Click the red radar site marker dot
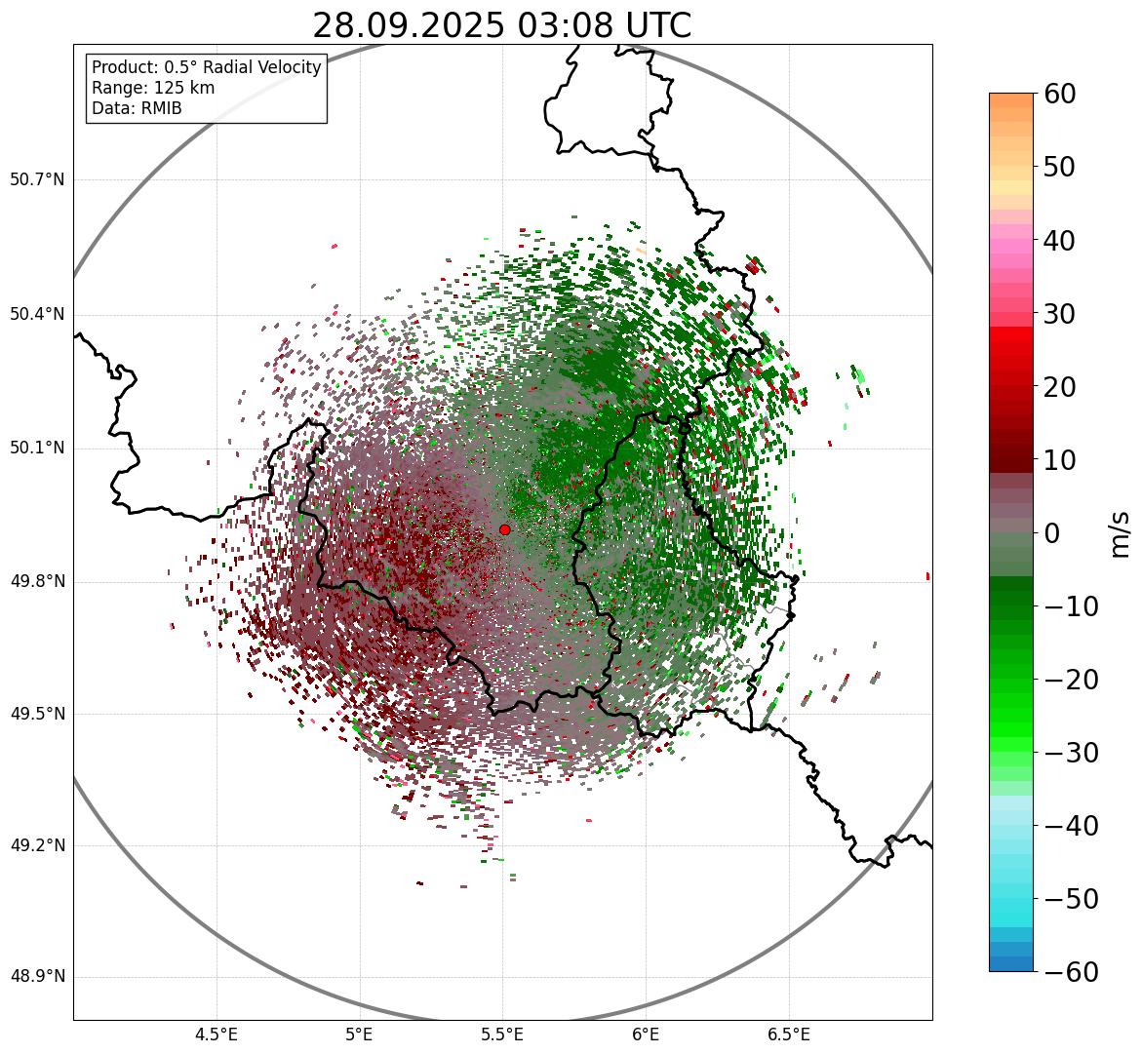point(504,529)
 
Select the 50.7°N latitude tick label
point(36,179)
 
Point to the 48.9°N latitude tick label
point(36,977)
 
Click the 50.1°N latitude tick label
point(36,448)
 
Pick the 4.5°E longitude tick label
point(217,1034)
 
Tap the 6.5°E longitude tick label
point(788,1034)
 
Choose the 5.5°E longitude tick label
point(502,1034)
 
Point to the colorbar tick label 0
point(1052,533)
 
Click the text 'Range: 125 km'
point(153,88)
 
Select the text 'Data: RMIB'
point(137,108)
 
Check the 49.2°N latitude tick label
point(36,845)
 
